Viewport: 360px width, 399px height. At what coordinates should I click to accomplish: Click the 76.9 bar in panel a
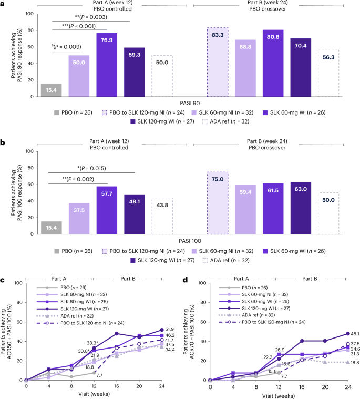click(x=107, y=65)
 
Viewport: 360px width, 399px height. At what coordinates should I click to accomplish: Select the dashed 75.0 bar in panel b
click(x=218, y=202)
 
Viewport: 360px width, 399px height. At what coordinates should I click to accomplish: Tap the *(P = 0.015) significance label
click(x=92, y=168)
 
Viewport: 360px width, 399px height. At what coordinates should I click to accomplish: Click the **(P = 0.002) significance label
click(x=79, y=179)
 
